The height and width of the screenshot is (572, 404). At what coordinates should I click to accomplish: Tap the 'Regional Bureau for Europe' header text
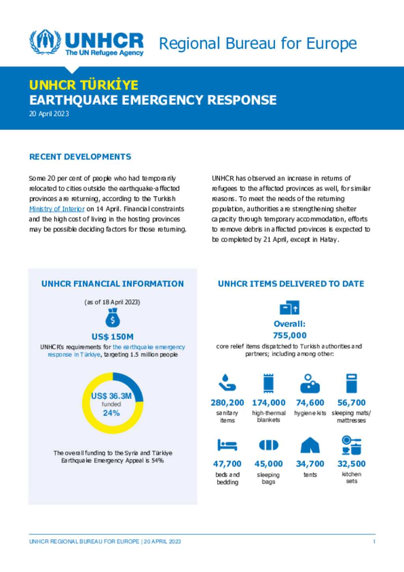258,43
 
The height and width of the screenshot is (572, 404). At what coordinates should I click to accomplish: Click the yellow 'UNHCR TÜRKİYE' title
84,85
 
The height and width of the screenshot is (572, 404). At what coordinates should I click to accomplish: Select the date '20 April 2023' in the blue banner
49,114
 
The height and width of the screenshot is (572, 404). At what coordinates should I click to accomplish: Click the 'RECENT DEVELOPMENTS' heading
80,157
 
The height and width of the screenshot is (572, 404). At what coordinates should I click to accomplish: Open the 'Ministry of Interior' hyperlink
57,209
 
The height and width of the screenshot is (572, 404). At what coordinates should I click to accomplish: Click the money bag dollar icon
112,318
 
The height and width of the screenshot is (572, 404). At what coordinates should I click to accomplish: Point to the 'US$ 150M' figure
112,337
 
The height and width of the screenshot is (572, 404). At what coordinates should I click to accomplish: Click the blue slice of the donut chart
130,385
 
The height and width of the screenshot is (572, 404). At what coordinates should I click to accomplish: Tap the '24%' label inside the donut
111,413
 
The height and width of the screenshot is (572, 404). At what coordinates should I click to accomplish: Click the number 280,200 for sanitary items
227,403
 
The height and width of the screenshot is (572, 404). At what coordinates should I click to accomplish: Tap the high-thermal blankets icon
268,383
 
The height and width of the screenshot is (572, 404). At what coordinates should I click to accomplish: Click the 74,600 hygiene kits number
310,403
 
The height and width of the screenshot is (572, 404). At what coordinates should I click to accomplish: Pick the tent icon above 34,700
310,445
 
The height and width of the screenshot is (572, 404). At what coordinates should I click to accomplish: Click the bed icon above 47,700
227,445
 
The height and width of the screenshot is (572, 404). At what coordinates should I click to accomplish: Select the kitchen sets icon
352,445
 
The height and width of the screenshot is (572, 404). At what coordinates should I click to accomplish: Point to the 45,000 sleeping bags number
268,464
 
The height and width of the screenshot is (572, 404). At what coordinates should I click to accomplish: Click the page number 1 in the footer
374,542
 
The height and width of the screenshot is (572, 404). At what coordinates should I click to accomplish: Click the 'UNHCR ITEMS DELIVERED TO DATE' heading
291,284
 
